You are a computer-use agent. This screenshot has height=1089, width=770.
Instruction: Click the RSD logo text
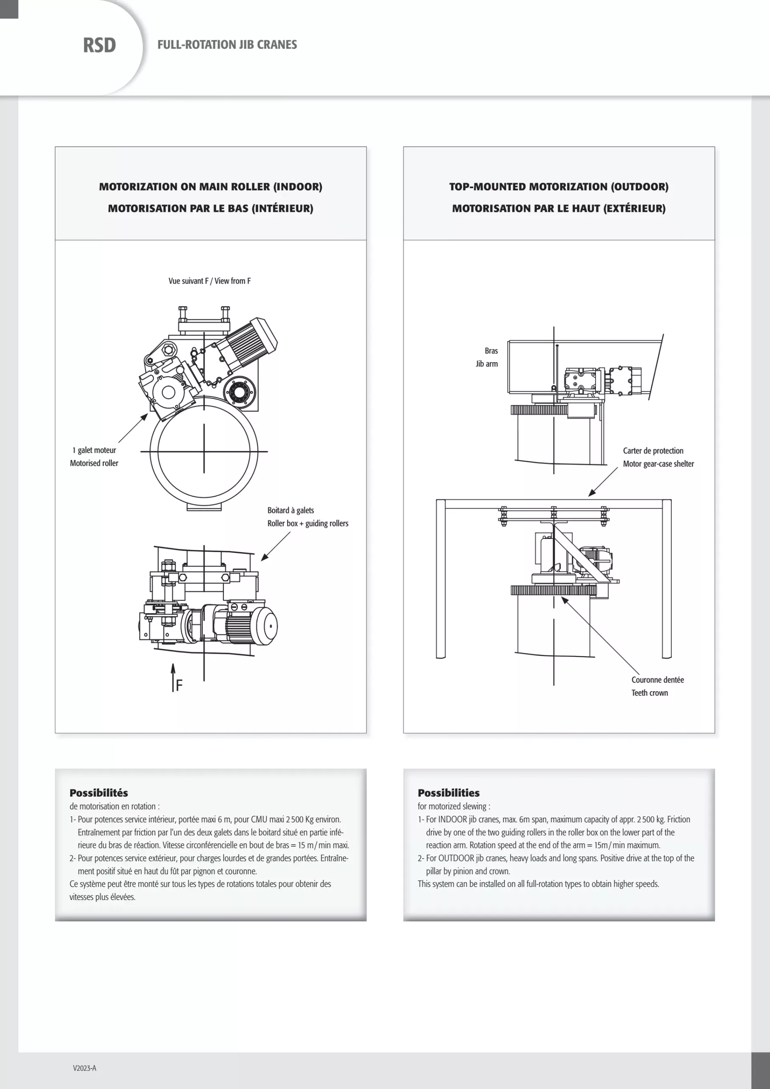(x=99, y=46)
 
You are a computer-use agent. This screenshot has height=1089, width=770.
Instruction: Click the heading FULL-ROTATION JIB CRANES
(x=227, y=45)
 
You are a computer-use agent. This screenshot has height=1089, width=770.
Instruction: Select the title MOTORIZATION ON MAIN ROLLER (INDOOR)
(x=210, y=187)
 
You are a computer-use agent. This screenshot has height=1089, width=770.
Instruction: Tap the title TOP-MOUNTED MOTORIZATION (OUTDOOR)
(x=559, y=187)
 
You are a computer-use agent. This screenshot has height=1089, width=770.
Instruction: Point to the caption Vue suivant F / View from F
(x=209, y=281)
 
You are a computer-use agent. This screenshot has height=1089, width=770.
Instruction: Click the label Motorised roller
(x=94, y=463)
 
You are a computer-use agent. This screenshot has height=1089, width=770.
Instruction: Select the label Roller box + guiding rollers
(x=308, y=523)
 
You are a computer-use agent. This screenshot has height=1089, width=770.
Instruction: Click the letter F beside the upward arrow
(x=179, y=685)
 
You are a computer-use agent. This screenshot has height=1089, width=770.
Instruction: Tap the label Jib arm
(x=487, y=364)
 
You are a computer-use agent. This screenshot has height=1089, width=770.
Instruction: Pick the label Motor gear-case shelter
(x=658, y=463)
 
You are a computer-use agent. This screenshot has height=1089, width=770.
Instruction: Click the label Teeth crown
(x=649, y=693)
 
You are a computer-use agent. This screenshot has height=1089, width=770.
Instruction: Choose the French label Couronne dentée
(x=657, y=680)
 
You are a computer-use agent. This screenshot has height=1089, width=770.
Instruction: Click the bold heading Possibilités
(x=99, y=793)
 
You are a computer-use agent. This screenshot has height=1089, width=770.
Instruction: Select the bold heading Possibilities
(x=448, y=793)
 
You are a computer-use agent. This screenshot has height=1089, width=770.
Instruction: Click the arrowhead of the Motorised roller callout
(x=145, y=416)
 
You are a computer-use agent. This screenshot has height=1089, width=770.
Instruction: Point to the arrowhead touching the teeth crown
(x=564, y=599)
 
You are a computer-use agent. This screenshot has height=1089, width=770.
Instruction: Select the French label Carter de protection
(x=653, y=450)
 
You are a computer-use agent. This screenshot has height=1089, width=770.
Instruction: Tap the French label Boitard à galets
(x=291, y=510)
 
